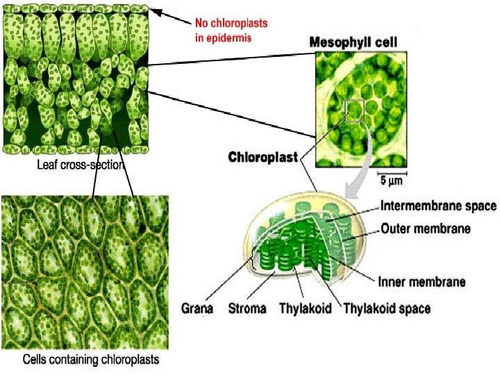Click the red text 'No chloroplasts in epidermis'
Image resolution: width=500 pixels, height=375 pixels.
coord(231,30)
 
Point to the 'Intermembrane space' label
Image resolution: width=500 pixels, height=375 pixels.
coord(439,206)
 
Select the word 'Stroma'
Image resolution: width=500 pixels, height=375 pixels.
coord(247,308)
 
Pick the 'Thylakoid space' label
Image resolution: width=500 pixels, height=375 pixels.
coord(387,308)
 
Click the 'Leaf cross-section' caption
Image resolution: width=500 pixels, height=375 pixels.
coord(81,165)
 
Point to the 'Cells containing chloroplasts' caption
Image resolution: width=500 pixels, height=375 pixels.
coord(91,360)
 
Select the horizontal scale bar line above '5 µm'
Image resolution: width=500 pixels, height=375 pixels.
coord(393,172)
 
